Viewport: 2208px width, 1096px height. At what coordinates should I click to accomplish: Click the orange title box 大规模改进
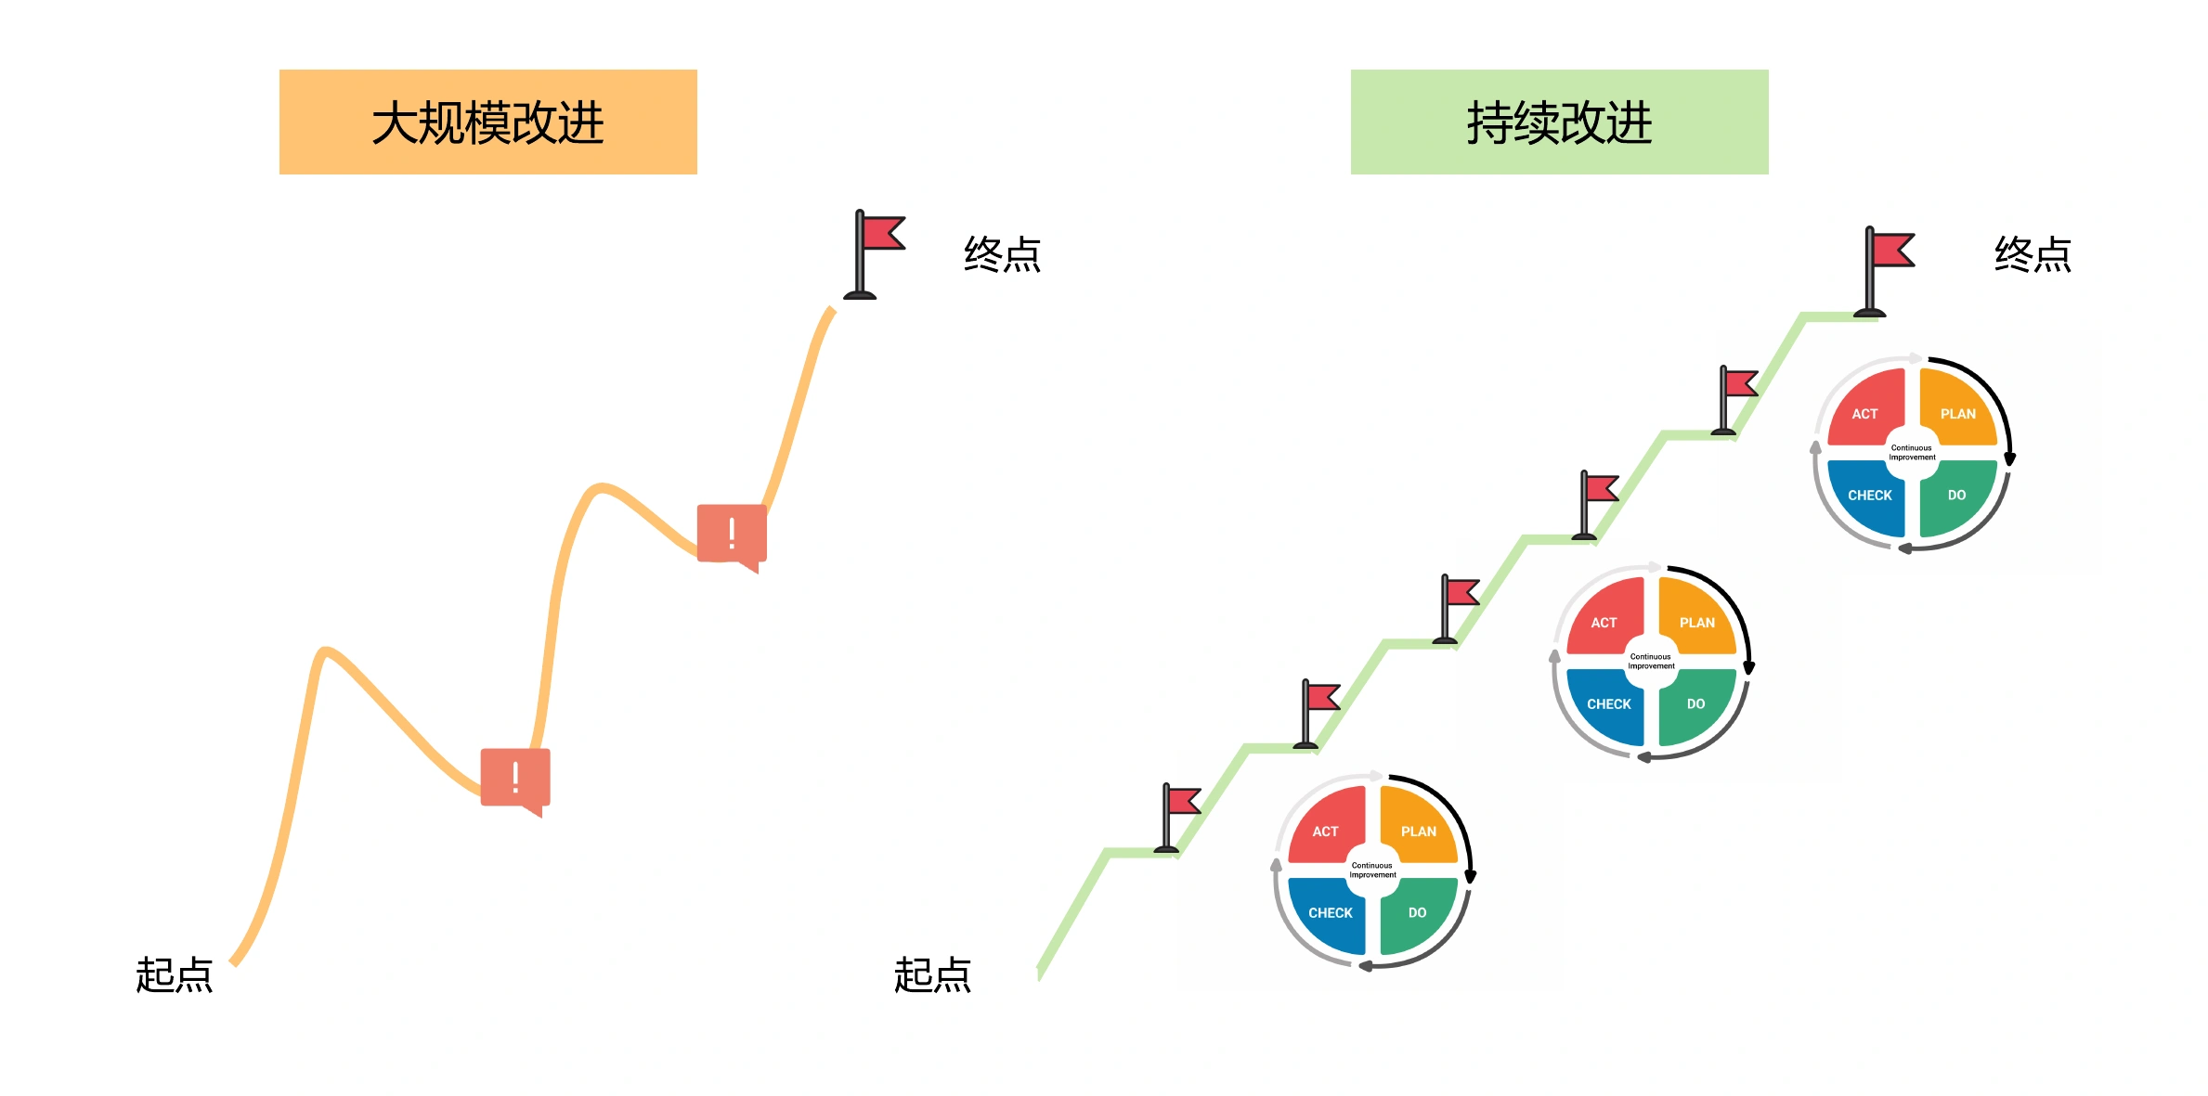pos(488,122)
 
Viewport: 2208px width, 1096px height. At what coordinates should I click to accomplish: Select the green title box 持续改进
pos(1560,122)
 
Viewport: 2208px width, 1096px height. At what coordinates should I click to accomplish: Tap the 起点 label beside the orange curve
pos(175,975)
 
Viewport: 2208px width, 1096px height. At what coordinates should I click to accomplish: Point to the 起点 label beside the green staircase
pos(932,975)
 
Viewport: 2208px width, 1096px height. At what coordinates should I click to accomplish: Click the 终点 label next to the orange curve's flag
pos(1003,254)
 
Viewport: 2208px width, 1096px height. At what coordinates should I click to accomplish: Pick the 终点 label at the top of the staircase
pos(2033,254)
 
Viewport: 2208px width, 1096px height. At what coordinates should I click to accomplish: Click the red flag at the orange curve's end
pos(874,254)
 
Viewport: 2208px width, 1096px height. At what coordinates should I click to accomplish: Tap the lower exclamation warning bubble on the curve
pos(515,781)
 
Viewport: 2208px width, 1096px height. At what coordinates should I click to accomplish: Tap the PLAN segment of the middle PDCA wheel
pos(1696,616)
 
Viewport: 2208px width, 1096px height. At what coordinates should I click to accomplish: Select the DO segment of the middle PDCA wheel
pos(1696,706)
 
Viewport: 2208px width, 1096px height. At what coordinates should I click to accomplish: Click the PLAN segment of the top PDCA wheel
pos(1957,407)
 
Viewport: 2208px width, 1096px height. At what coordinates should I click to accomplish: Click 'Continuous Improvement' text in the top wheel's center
pos(1912,453)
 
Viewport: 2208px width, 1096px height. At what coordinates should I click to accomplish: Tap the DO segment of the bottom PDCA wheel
pos(1417,915)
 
